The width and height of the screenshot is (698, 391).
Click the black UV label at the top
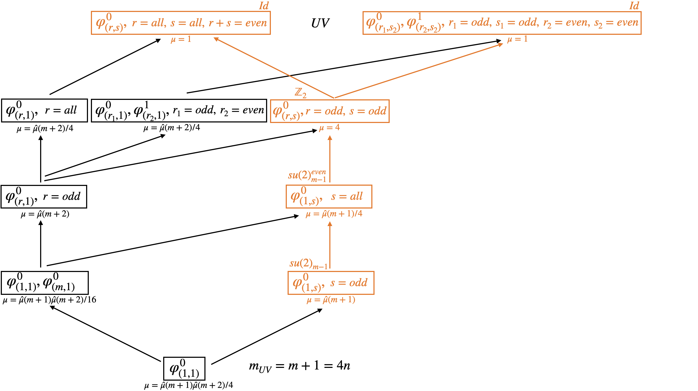point(320,23)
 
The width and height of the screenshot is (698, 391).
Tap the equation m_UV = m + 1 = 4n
point(299,366)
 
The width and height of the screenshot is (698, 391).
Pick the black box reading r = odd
point(44,197)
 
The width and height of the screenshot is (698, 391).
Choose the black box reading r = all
point(44,110)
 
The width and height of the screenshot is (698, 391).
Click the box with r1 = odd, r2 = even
point(179,110)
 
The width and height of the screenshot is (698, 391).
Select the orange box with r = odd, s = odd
point(330,111)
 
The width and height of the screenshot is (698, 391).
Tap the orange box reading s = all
point(329,197)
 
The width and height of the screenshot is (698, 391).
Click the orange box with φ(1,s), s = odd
point(331,283)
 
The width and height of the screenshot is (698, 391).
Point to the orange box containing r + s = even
point(181,23)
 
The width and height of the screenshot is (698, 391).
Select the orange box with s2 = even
point(502,23)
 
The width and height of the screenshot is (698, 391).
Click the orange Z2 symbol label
point(301,93)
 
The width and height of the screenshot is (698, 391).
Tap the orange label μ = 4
point(329,127)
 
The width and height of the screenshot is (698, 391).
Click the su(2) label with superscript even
point(307,175)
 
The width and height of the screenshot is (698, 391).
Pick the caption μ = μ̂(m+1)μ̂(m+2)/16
point(49,300)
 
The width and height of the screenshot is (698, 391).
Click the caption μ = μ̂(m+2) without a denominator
point(45,214)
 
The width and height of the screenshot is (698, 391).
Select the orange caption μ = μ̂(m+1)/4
point(334,214)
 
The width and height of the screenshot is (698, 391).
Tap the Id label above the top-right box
point(634,6)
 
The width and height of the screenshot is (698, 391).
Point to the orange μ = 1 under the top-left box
point(181,40)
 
